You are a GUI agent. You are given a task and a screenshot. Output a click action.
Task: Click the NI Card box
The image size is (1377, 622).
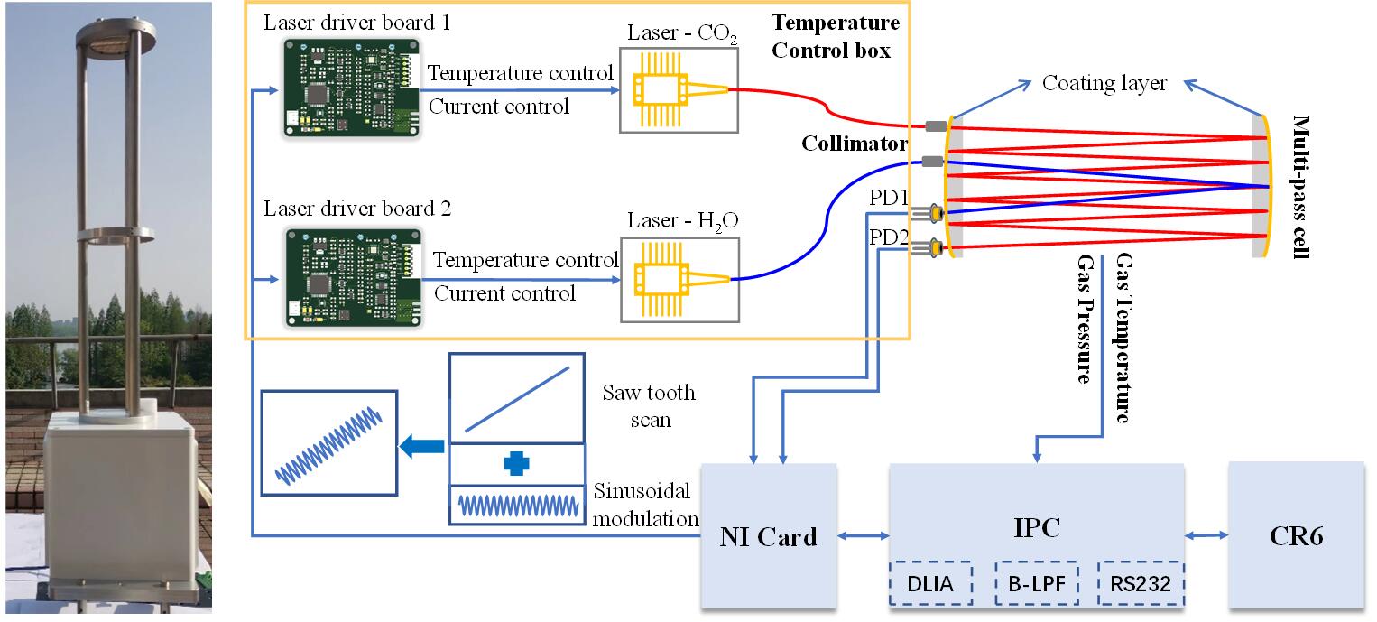point(769,536)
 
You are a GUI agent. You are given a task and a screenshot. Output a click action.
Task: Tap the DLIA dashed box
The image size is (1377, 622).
point(929,584)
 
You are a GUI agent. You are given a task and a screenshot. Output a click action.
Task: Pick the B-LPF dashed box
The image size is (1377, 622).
point(1036,584)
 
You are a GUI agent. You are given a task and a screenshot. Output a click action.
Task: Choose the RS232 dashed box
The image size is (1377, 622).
point(1141,584)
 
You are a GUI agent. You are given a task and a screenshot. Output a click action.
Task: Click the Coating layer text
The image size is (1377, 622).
point(1104,84)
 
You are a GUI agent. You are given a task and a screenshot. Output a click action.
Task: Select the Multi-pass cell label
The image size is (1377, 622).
point(1300,187)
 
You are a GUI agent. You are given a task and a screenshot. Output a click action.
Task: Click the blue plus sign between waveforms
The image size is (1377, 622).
point(516,463)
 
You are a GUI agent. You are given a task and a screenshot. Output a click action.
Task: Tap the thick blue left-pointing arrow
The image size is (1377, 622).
point(423,444)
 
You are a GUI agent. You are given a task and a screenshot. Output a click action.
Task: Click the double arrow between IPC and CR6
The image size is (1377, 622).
point(1206,535)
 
